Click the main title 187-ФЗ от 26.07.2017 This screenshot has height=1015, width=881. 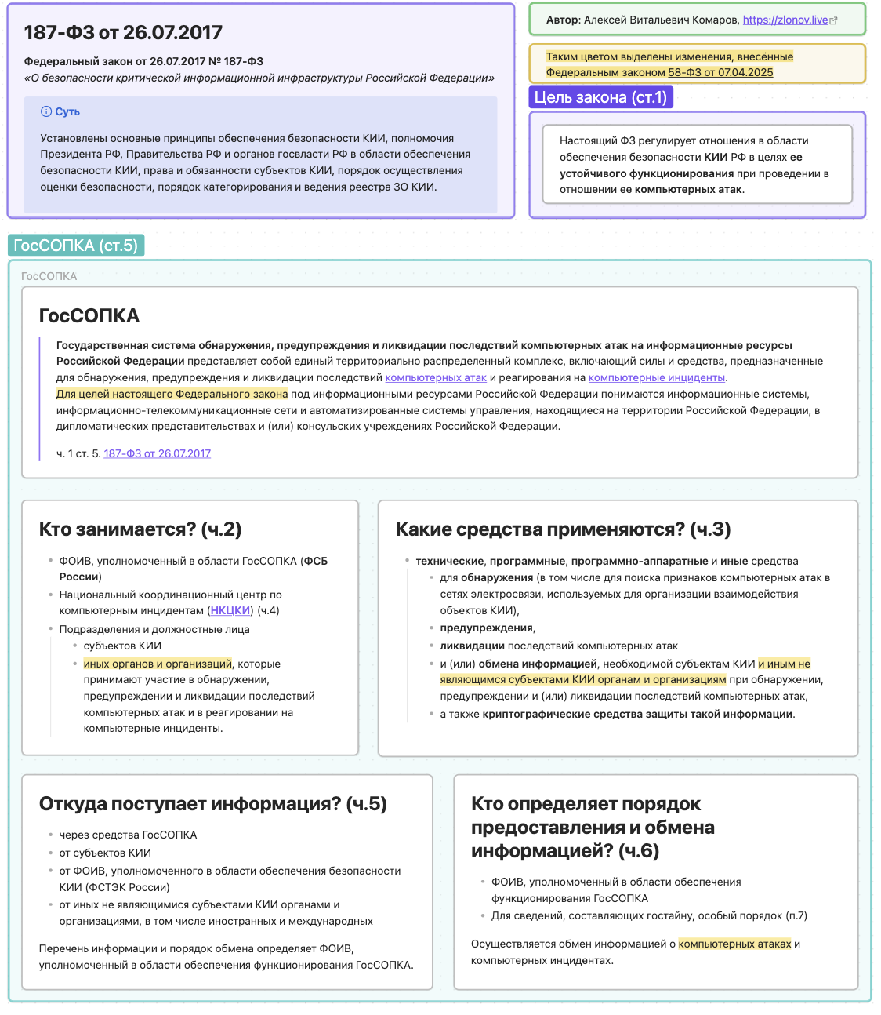(x=123, y=33)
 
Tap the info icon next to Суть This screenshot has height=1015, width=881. (x=46, y=111)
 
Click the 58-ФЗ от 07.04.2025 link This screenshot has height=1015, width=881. (x=720, y=72)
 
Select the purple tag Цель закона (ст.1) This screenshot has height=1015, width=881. (x=600, y=97)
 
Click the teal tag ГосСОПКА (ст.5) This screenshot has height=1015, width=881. (x=76, y=246)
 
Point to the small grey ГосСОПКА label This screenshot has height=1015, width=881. (x=49, y=276)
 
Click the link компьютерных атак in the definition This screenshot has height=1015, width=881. (x=436, y=377)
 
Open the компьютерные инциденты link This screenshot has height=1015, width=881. (x=657, y=377)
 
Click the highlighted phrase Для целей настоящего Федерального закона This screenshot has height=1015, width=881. (x=172, y=394)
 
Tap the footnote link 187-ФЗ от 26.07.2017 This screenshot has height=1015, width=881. (x=157, y=453)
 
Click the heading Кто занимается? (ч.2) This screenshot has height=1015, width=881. (x=140, y=529)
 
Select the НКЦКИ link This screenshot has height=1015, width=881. (x=230, y=610)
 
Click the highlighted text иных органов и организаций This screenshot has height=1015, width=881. (x=158, y=664)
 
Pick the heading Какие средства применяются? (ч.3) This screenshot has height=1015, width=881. (x=563, y=529)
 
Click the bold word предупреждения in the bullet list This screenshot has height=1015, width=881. (x=486, y=628)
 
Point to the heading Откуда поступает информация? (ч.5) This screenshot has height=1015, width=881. (x=212, y=804)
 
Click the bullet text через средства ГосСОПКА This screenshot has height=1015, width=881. (x=128, y=835)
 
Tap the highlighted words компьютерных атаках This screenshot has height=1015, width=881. (x=734, y=944)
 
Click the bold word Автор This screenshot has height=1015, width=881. (x=562, y=20)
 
